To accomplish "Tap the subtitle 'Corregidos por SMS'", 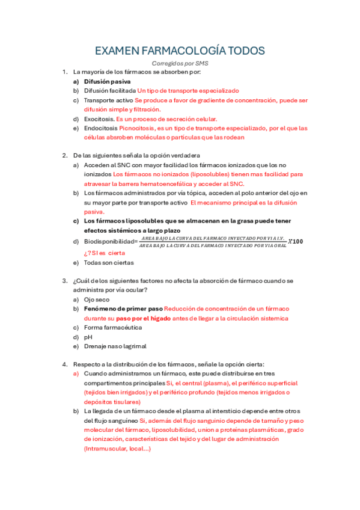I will pyautogui.click(x=180, y=63).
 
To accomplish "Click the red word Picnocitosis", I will pyautogui.click(x=137, y=128).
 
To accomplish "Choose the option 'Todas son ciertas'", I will pyautogui.click(x=109, y=262).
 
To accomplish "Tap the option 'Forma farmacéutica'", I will pyautogui.click(x=113, y=327).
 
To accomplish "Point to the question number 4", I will pyautogui.click(x=64, y=364).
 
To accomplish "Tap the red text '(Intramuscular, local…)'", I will pyautogui.click(x=117, y=448).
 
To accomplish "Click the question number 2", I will pyautogui.click(x=64, y=155).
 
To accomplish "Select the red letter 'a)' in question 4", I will pyautogui.click(x=76, y=373).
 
